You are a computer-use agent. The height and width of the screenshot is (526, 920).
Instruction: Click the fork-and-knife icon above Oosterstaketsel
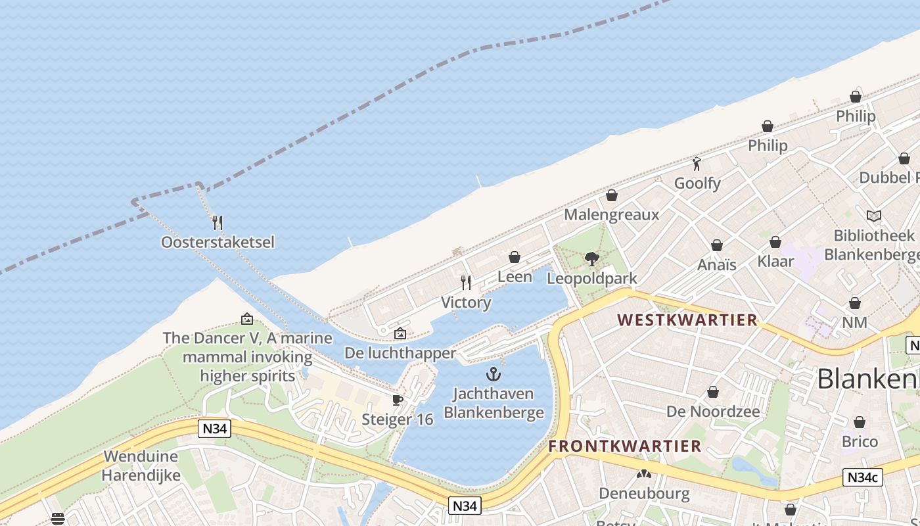click(x=218, y=222)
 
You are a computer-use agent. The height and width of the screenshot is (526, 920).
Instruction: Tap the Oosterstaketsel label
click(x=218, y=242)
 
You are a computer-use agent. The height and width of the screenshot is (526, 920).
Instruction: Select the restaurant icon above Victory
click(x=466, y=283)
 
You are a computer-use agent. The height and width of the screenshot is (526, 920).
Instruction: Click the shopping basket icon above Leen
click(x=515, y=257)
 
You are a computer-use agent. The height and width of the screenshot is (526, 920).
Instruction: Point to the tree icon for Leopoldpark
click(x=591, y=258)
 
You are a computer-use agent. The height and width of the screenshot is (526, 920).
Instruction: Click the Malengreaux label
click(x=611, y=214)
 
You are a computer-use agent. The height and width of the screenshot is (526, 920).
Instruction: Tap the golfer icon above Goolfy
click(x=697, y=164)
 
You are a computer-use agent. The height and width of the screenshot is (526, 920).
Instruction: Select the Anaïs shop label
click(x=716, y=264)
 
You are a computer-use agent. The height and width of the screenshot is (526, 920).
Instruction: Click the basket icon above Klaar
click(x=775, y=242)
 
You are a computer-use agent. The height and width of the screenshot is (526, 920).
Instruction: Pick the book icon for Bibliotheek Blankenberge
click(x=873, y=216)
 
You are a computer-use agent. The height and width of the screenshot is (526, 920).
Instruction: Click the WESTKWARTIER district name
click(x=687, y=320)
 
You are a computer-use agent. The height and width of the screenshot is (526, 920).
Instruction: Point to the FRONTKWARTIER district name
click(x=625, y=446)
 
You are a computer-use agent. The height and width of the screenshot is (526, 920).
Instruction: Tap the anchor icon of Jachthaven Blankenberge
click(x=494, y=374)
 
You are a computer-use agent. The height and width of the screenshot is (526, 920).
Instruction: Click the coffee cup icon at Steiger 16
click(x=397, y=400)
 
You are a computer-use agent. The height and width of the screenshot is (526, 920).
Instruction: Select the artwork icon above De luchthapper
click(x=400, y=334)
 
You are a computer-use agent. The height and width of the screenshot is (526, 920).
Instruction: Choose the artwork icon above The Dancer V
click(x=247, y=319)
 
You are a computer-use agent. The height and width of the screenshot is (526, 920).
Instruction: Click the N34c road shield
click(x=862, y=478)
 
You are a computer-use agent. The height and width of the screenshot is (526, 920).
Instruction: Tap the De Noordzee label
click(x=713, y=412)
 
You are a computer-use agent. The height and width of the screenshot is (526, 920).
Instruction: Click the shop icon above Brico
click(x=860, y=422)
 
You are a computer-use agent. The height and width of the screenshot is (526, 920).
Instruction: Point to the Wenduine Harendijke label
click(x=141, y=466)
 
